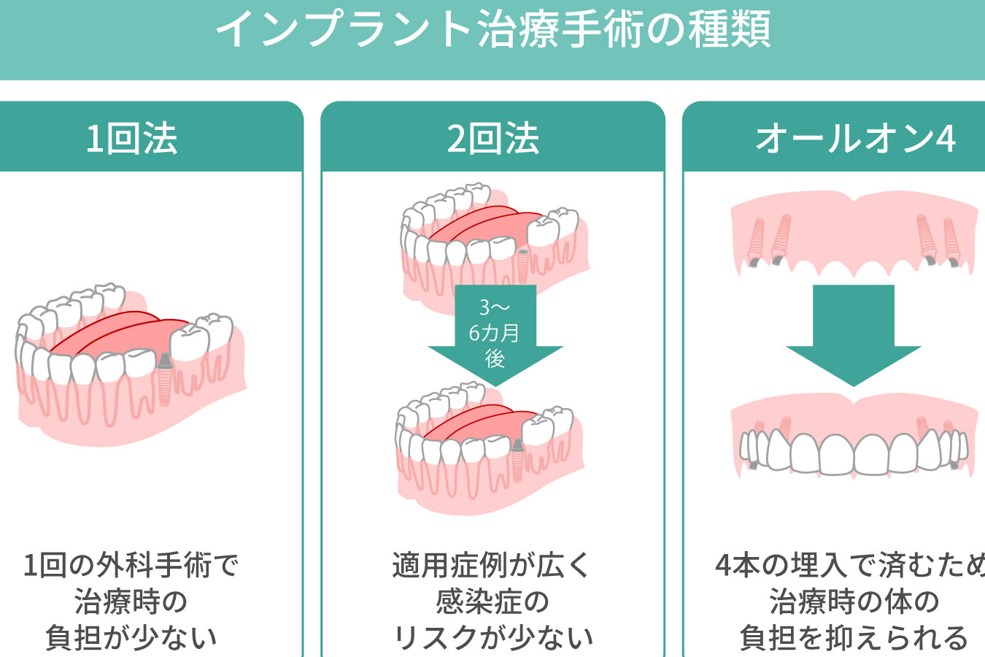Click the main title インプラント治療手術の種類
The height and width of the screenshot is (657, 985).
493,29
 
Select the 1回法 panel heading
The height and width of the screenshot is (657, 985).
132,139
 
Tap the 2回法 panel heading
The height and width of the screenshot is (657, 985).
493,139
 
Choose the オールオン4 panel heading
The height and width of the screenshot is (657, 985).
855,139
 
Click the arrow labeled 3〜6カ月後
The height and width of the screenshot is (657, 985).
495,335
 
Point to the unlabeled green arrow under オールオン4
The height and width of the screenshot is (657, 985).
854,335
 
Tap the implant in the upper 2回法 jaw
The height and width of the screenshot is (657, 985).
522,266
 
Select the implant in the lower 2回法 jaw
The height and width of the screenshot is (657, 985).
517,460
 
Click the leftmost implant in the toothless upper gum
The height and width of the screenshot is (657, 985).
757,242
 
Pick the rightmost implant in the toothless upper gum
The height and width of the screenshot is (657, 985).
951,242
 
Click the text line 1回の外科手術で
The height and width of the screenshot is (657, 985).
131,565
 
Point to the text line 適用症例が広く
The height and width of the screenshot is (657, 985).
491,565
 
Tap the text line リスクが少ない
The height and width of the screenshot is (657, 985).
494,637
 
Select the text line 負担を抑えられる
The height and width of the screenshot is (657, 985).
854,637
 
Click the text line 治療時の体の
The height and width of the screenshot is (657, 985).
854,601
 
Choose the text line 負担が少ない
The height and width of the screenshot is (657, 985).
131,637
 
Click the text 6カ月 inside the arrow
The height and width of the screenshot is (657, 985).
494,333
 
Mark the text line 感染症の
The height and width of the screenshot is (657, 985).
492,601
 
